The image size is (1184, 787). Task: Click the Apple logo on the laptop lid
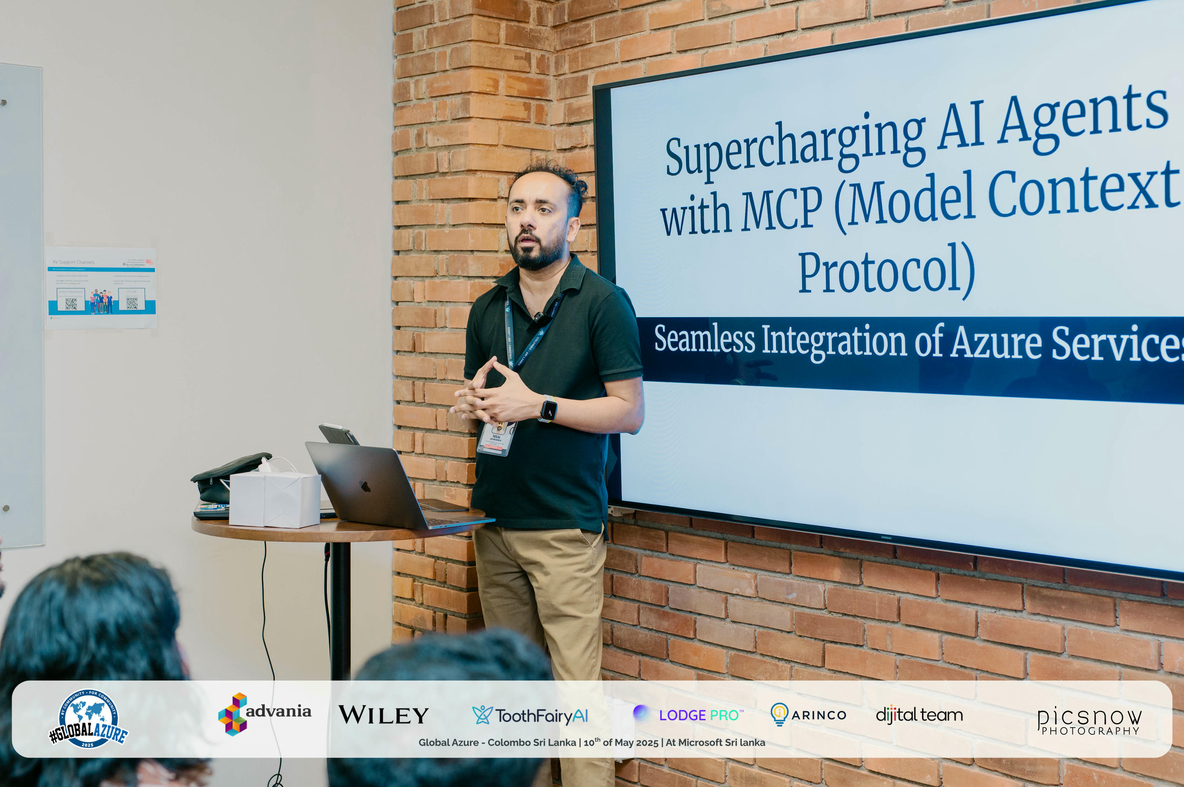(x=365, y=486)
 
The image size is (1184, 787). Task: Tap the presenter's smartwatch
(x=548, y=409)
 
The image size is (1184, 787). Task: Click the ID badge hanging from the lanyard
(x=497, y=438)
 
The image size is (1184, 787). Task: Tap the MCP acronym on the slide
(x=782, y=208)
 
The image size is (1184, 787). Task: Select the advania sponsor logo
(x=265, y=713)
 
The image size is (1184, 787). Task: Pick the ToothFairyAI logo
(x=530, y=715)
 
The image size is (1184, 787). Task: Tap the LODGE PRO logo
(x=688, y=714)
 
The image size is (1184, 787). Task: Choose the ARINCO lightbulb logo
(x=808, y=714)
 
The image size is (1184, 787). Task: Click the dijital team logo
(x=919, y=714)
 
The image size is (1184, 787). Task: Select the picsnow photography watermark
(x=1089, y=721)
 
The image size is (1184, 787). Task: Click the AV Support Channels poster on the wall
(x=101, y=288)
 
